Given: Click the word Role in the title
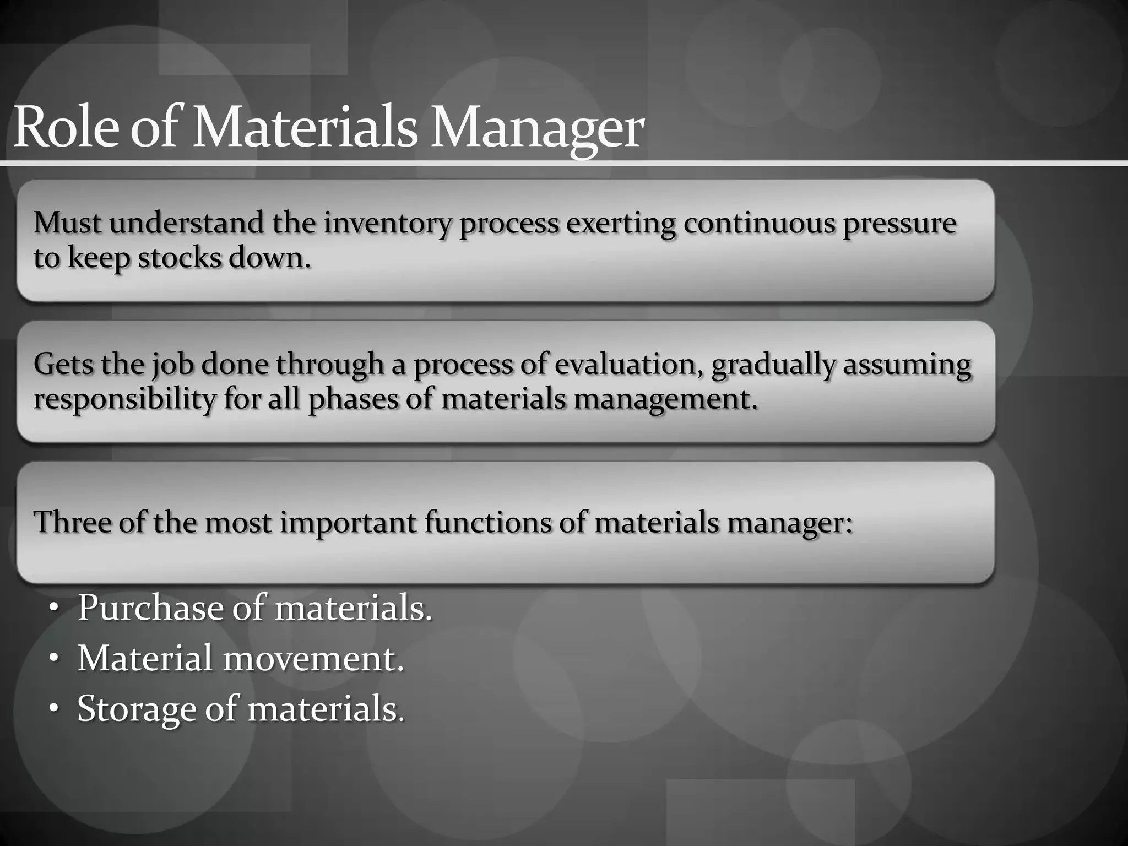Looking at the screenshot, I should click(x=65, y=128).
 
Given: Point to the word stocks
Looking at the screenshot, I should click(x=179, y=258).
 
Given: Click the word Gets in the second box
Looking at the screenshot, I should click(x=63, y=365).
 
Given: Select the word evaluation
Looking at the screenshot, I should click(x=628, y=365).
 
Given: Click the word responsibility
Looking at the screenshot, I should click(x=124, y=399).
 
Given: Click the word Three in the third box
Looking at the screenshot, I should click(x=72, y=523).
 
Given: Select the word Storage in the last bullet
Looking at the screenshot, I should click(x=137, y=709).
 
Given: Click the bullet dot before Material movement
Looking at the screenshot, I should click(x=53, y=658).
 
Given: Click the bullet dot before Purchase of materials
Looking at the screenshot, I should click(x=53, y=608).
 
